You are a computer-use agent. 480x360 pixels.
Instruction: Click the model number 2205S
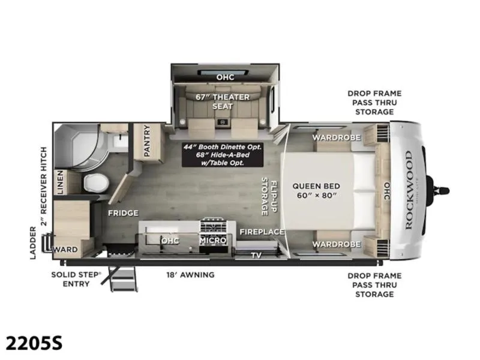pos(34,343)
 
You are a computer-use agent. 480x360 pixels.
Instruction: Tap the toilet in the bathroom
pos(96,183)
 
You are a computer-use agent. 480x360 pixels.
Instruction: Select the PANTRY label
pos(147,140)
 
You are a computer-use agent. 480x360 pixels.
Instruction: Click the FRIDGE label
pos(123,213)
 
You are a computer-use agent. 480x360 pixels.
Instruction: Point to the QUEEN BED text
pos(316,186)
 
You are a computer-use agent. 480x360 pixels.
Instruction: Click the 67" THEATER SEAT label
pos(223,101)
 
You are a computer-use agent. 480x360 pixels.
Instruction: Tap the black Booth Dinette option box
pos(223,155)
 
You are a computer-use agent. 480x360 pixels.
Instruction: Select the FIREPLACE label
pos(262,232)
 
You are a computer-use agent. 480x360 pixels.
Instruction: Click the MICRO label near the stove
pos(213,241)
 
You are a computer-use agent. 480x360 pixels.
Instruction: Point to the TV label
pos(256,255)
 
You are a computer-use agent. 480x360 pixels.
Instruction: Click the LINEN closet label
pos(60,182)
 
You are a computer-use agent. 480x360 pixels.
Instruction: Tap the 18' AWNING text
pos(190,275)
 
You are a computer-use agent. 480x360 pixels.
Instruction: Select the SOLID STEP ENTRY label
pos(76,279)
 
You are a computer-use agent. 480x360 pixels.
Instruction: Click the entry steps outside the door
pos(122,278)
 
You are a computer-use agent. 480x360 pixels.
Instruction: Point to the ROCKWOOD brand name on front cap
pos(409,190)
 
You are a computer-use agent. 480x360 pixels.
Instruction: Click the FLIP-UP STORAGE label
pos(269,197)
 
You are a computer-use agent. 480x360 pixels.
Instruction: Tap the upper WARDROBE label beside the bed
pos(337,137)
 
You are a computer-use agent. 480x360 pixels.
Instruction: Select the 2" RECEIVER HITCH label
pos(44,186)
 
